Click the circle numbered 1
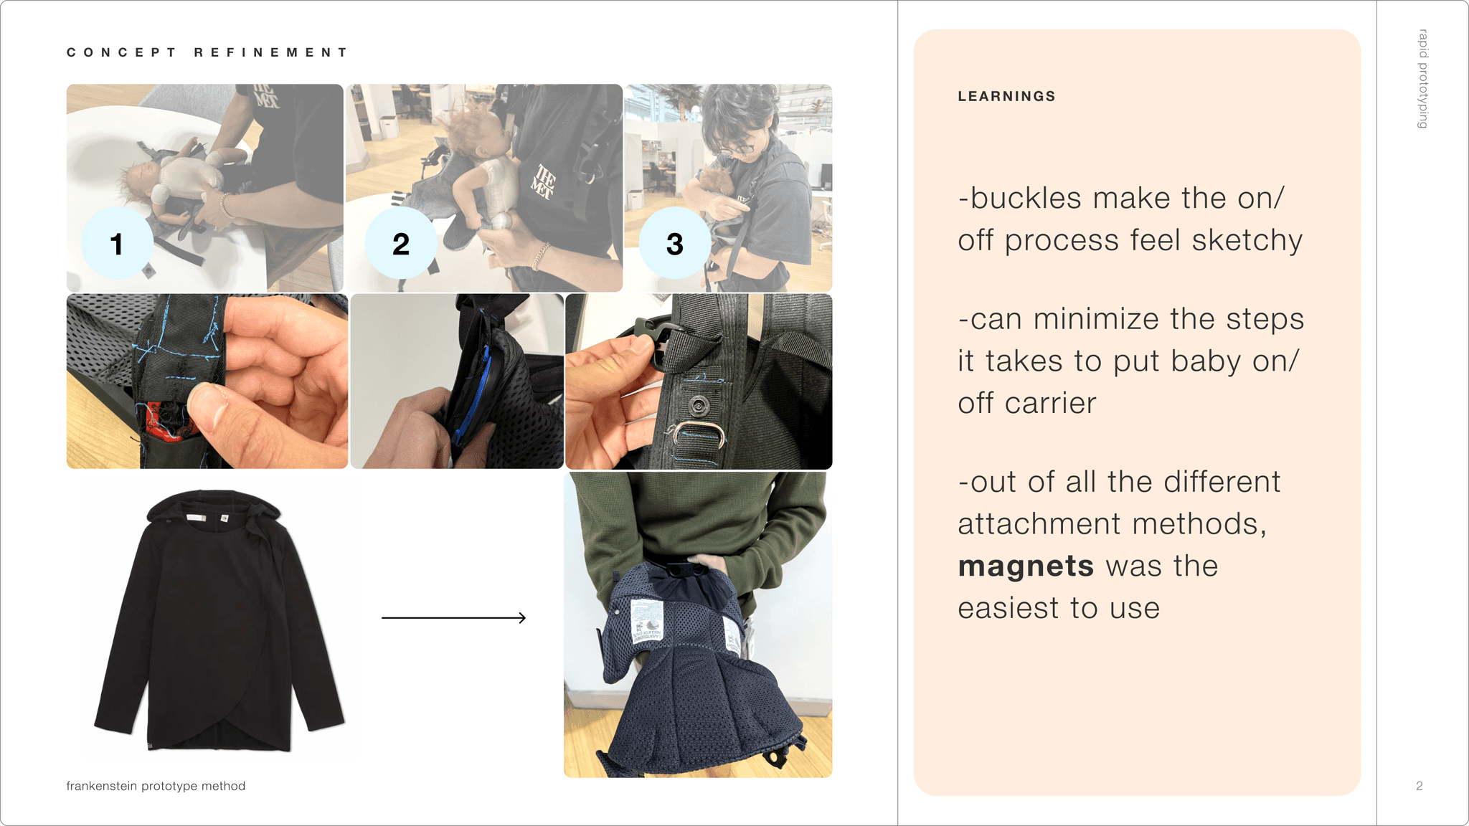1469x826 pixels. [117, 243]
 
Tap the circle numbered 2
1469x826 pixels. [401, 243]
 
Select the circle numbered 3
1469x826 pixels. [675, 243]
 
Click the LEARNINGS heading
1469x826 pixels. [1006, 96]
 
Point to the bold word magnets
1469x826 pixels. [1026, 566]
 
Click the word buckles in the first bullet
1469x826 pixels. [1025, 198]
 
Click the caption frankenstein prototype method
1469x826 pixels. [156, 786]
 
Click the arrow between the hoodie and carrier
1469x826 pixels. [453, 617]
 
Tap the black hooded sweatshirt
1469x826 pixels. [219, 619]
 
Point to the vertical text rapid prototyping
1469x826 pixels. [1423, 79]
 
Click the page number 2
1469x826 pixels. [1419, 786]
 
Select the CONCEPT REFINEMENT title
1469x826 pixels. [207, 52]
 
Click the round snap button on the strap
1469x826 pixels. [699, 406]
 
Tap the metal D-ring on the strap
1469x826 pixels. [694, 435]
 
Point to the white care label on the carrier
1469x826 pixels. [646, 620]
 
